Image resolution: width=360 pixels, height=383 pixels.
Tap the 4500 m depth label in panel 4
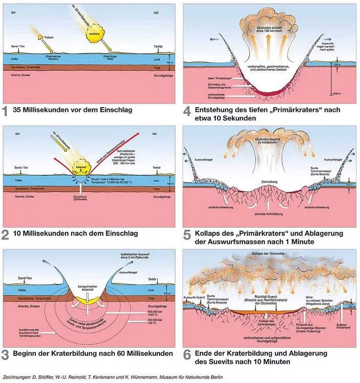[335, 94]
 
